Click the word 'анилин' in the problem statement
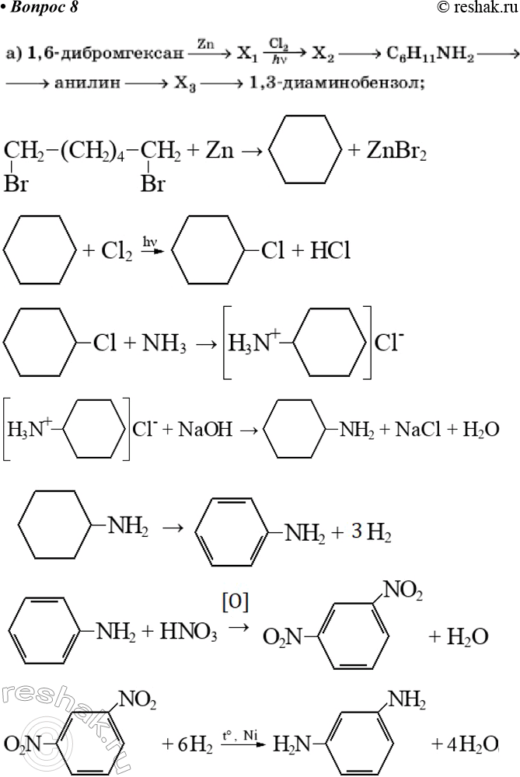pos(87,83)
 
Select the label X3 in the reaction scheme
pos(185,84)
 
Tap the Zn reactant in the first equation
pos(219,150)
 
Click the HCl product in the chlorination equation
pos(330,251)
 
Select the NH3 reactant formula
pos(164,343)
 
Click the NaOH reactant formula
pos(204,429)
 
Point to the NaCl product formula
pos(418,429)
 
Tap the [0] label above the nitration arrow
pos(237,602)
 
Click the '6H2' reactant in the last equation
pos(195,745)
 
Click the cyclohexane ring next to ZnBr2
pos(305,149)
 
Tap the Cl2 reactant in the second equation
pos(117,251)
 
